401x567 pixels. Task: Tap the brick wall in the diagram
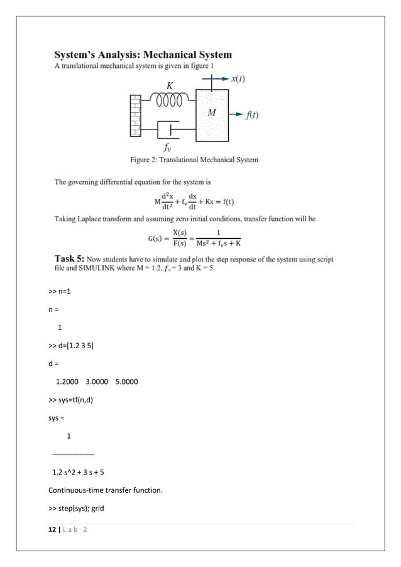click(x=136, y=114)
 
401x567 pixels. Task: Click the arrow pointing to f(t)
click(x=235, y=114)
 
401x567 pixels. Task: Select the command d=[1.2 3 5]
click(x=71, y=346)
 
